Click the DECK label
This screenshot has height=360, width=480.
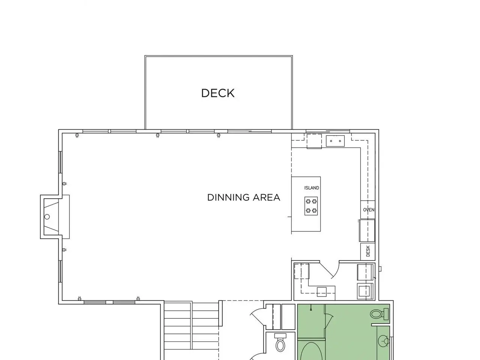pyautogui.click(x=218, y=93)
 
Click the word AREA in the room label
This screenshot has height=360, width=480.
pyautogui.click(x=266, y=197)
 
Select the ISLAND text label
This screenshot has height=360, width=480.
pyautogui.click(x=311, y=188)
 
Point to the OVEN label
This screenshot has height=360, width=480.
pyautogui.click(x=369, y=210)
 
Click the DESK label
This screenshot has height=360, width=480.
pyautogui.click(x=368, y=251)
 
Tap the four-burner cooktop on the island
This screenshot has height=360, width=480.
pyautogui.click(x=311, y=206)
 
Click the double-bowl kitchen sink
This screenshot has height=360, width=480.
pyautogui.click(x=335, y=141)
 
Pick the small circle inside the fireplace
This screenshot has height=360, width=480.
pyautogui.click(x=47, y=217)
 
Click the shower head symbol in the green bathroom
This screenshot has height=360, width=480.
pyautogui.click(x=311, y=308)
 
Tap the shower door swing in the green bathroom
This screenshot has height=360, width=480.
pyautogui.click(x=329, y=321)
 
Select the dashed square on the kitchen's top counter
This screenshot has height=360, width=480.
pyautogui.click(x=314, y=141)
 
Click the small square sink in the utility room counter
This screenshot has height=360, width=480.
pyautogui.click(x=322, y=292)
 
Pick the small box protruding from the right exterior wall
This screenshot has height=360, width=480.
pyautogui.click(x=380, y=268)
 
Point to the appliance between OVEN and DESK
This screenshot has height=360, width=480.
pyautogui.click(x=367, y=231)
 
